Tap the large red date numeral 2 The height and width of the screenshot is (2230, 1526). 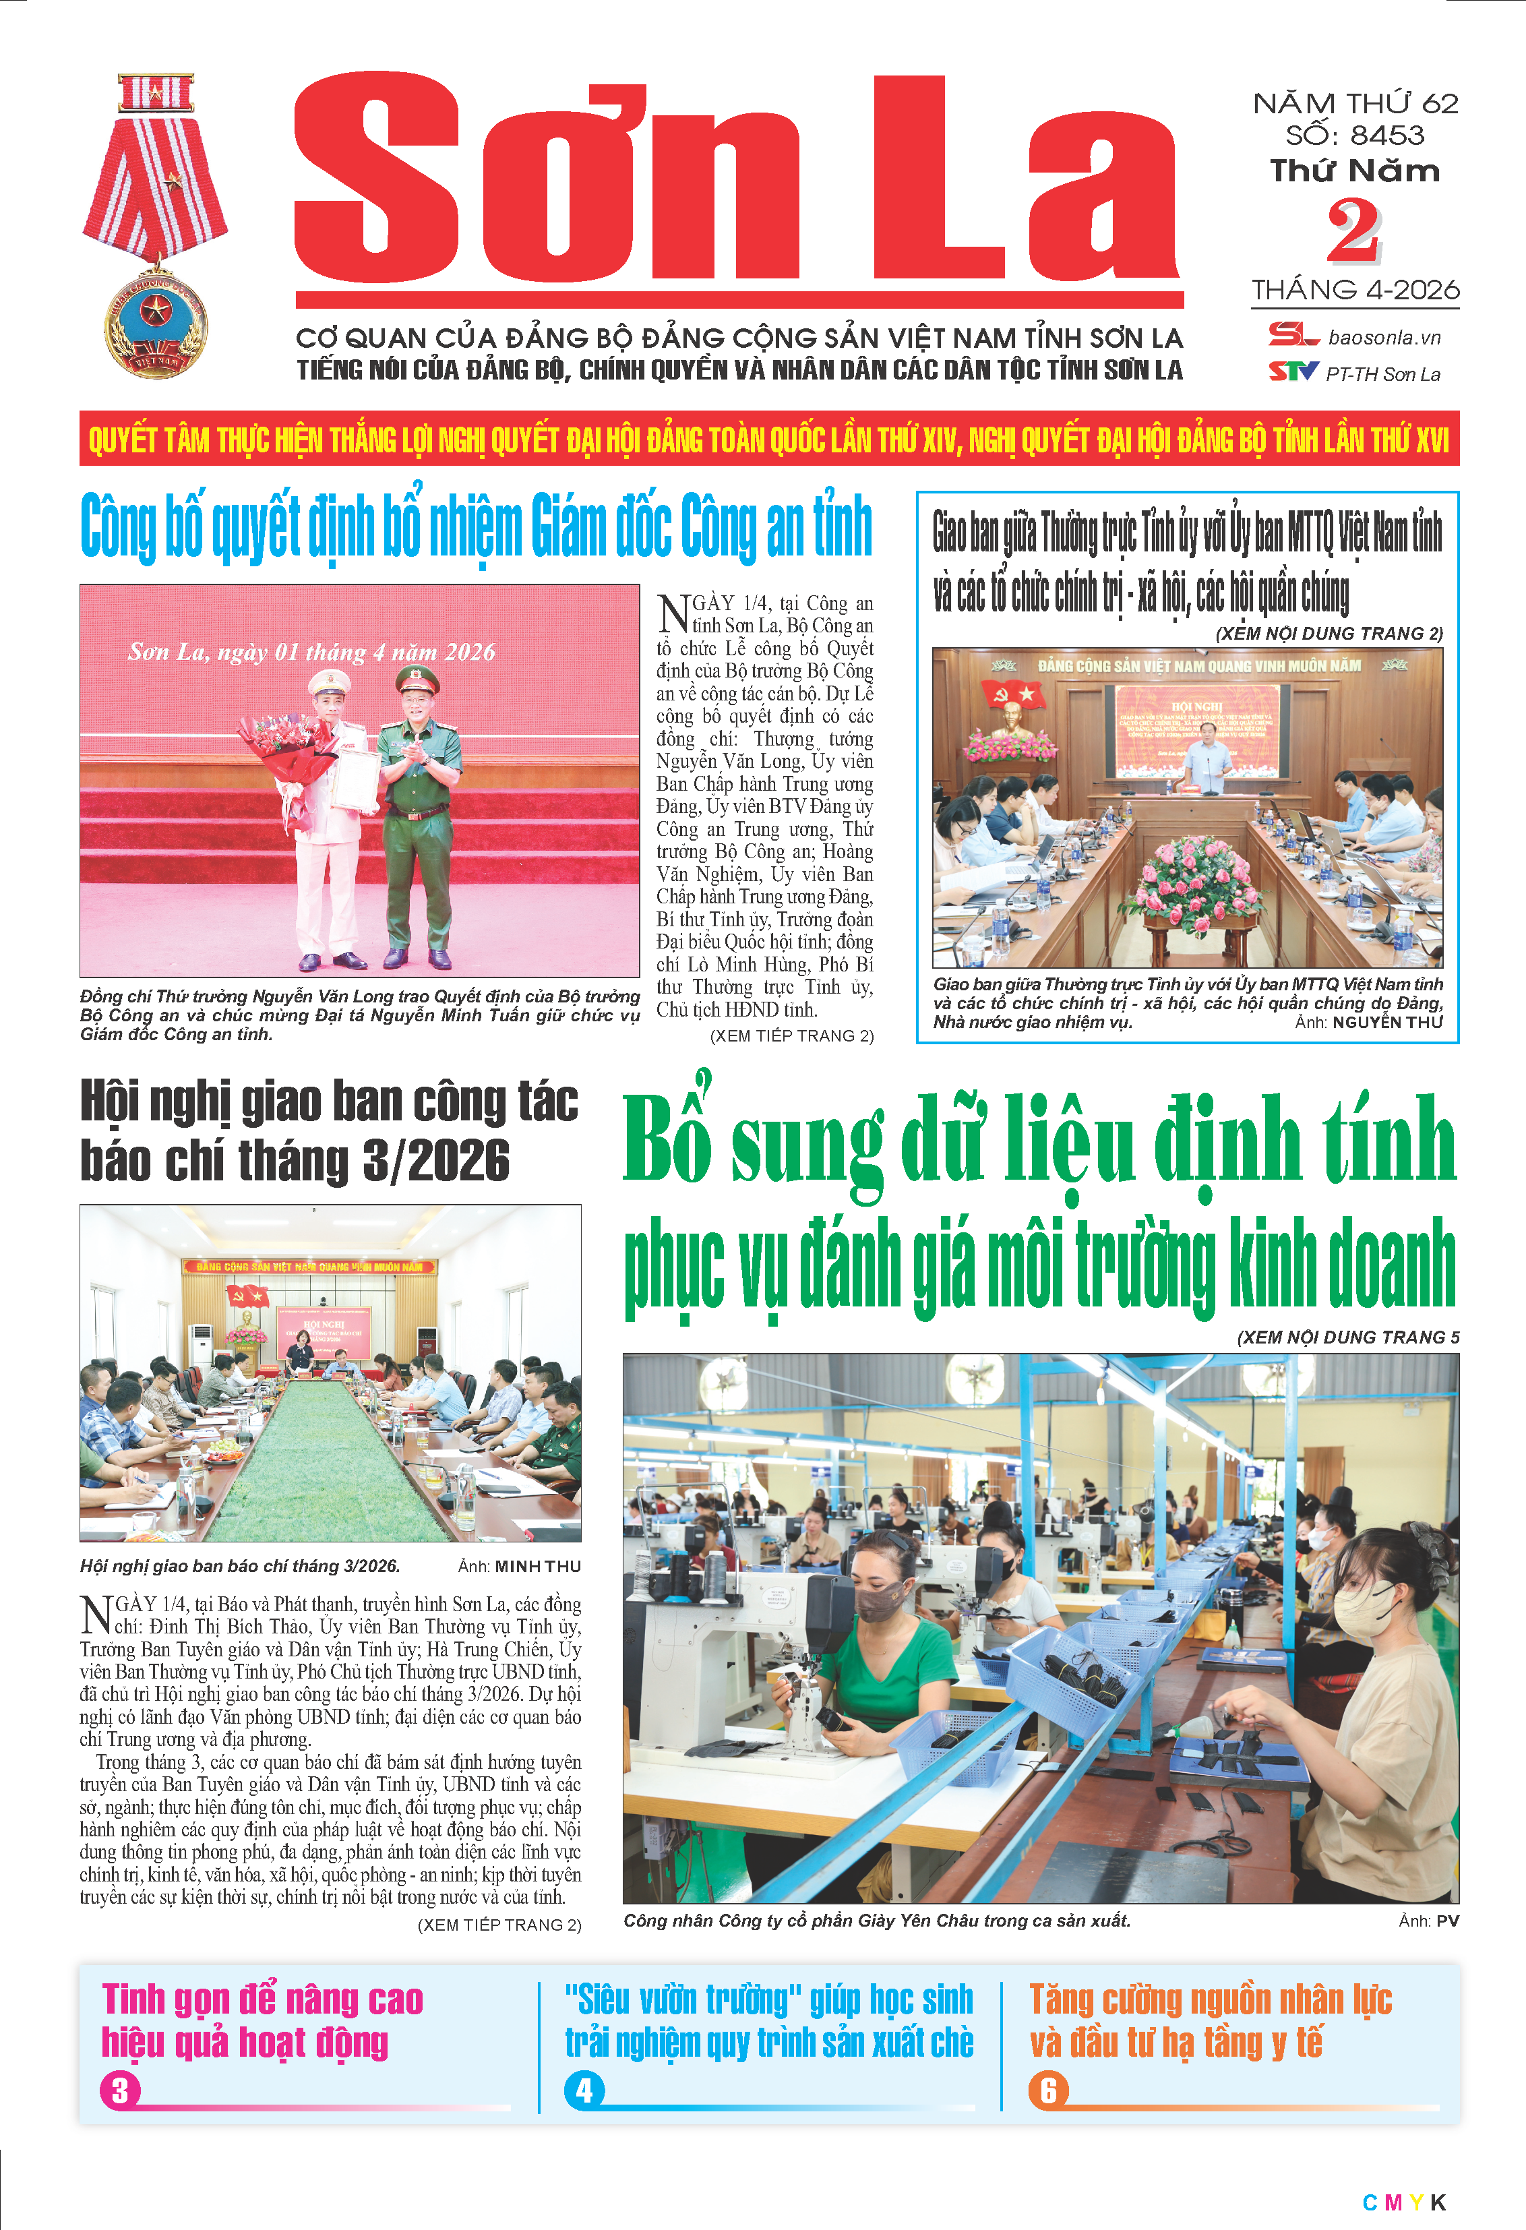(x=1353, y=231)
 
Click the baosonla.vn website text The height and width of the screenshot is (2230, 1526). (x=1384, y=338)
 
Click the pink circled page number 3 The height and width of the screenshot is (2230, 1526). (x=120, y=2091)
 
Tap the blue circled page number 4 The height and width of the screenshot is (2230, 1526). (x=584, y=2091)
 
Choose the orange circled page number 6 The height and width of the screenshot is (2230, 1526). (x=1047, y=2091)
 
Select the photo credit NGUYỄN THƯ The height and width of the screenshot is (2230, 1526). (x=1387, y=1022)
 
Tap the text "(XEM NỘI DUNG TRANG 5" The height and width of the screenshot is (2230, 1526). (x=1347, y=1337)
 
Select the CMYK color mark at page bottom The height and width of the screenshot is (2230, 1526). (x=1403, y=2203)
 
